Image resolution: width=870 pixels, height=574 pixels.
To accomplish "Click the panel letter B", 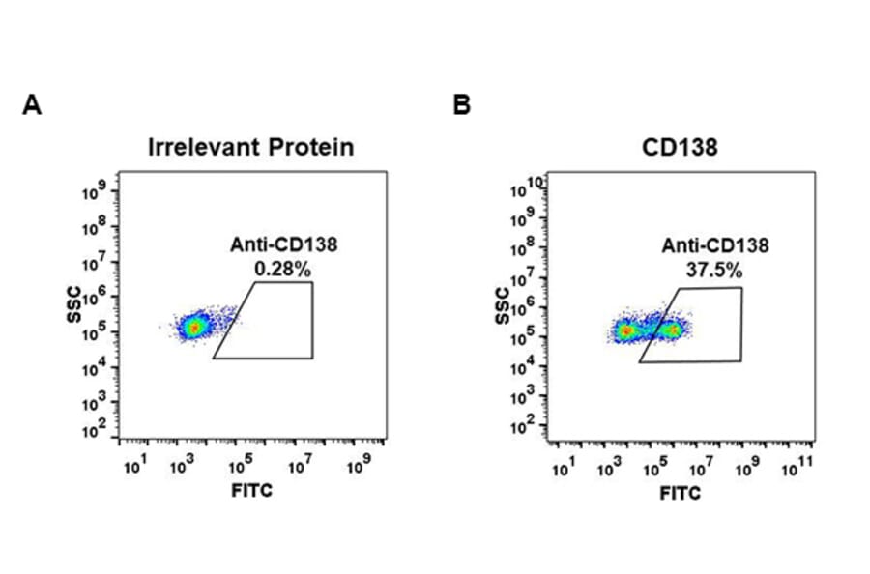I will [462, 105].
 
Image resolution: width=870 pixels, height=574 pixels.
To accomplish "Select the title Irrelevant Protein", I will [250, 148].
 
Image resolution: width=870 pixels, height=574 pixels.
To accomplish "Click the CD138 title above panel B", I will [680, 148].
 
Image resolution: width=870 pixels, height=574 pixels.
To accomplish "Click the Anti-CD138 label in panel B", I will [714, 246].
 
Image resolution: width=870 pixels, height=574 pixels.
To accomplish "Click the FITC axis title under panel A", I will [251, 491].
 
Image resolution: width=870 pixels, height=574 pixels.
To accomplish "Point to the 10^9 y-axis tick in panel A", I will [97, 193].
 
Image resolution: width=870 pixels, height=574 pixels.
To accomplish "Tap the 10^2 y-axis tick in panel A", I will [97, 432].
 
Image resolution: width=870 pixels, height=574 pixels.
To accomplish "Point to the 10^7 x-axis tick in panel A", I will [299, 468].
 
